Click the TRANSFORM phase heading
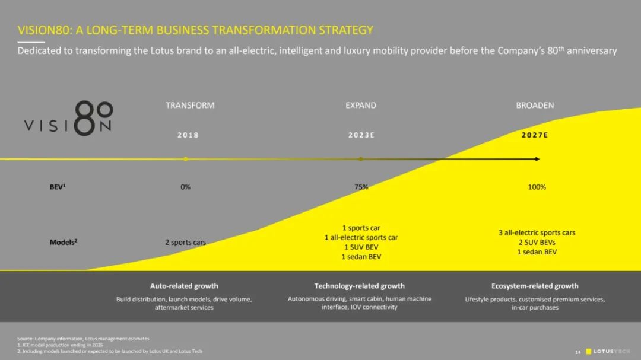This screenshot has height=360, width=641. click(190, 106)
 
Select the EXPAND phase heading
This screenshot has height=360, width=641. click(361, 106)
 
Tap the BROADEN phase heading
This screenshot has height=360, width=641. click(535, 106)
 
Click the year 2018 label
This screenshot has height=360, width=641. click(188, 135)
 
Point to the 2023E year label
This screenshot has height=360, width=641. click(361, 135)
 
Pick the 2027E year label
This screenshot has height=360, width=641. click(535, 135)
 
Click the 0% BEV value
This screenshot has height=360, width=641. click(186, 187)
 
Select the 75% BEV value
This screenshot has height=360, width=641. click(361, 187)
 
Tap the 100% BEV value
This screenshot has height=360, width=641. click(537, 187)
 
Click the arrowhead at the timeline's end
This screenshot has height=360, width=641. click(538, 159)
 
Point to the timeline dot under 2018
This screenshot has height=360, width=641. click(186, 159)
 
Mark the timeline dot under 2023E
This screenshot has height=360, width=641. click(361, 159)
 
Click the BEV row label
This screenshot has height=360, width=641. click(57, 187)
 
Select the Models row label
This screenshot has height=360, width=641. click(64, 243)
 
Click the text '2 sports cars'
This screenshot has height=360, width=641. click(185, 243)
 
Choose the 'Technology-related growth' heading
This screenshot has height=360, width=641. click(359, 286)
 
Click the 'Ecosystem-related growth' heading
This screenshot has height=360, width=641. click(535, 286)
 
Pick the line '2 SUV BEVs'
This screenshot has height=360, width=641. click(537, 243)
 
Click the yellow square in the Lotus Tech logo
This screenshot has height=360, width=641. click(589, 352)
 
